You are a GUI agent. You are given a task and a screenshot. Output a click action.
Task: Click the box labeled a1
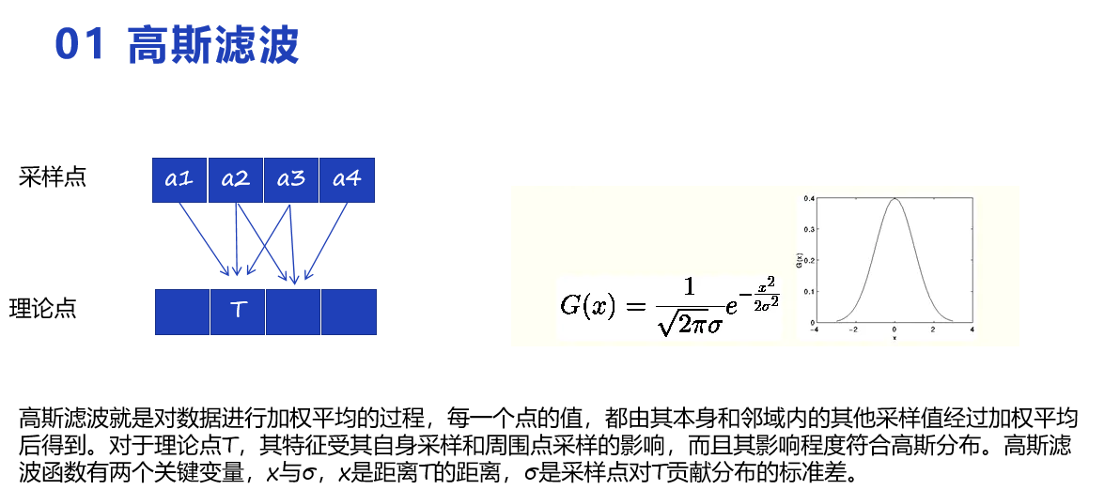coord(179,179)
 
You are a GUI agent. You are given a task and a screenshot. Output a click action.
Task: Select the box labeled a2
coord(235,179)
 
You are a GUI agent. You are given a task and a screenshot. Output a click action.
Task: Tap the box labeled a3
coord(290,179)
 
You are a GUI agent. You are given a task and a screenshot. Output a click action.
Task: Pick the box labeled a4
coord(347,179)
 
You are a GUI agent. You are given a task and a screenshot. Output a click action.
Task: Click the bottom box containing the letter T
coord(238,312)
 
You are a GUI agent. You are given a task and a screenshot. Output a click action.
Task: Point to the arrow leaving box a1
coord(203,238)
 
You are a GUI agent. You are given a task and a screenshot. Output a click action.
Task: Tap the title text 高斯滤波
coord(213,45)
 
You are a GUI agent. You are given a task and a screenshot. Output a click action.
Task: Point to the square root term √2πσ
coord(689,324)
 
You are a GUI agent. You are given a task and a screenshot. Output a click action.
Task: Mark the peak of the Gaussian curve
coord(894,199)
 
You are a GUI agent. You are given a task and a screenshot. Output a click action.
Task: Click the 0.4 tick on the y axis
coord(809,199)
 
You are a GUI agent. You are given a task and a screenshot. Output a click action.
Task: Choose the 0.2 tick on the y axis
coord(809,260)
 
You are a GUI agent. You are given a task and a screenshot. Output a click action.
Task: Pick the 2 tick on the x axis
coord(932,330)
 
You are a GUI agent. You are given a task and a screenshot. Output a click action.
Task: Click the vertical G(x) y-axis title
coord(799,260)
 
